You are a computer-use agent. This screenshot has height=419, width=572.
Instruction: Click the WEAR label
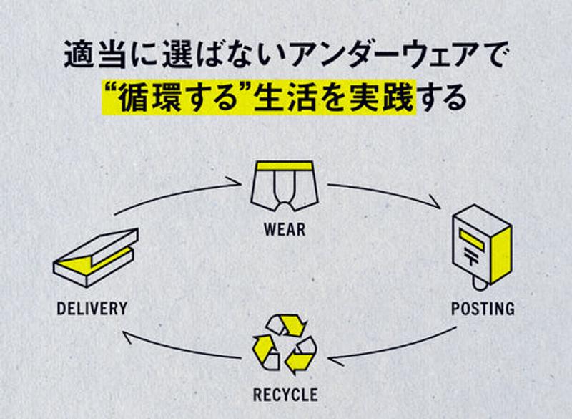[x=284, y=231]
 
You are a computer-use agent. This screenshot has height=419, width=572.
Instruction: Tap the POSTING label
[x=483, y=309]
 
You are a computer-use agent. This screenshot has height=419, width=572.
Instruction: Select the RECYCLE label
[x=285, y=394]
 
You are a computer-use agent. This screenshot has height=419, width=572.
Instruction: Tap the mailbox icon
[x=481, y=247]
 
